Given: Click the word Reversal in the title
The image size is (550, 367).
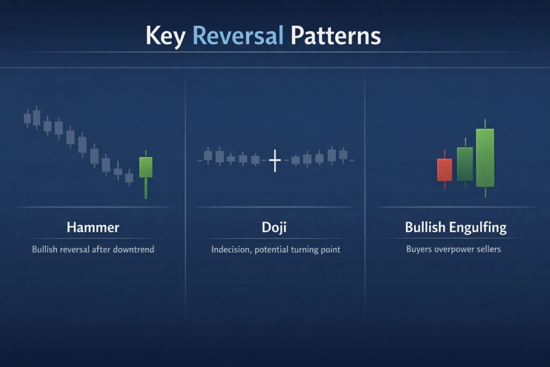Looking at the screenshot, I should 237,36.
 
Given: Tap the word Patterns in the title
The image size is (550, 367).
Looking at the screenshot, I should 336,36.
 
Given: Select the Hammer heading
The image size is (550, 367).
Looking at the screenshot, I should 93,227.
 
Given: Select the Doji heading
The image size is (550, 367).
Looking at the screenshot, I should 274,227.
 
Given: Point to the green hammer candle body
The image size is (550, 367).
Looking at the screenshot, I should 146,167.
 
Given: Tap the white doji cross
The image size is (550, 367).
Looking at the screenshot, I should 274,160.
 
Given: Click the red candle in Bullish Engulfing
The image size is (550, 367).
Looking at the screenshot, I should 445,170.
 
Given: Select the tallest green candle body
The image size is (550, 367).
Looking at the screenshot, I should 485,157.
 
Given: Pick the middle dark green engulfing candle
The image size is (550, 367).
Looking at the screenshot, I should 465,164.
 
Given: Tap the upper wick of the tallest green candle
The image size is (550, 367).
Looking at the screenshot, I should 485,124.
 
